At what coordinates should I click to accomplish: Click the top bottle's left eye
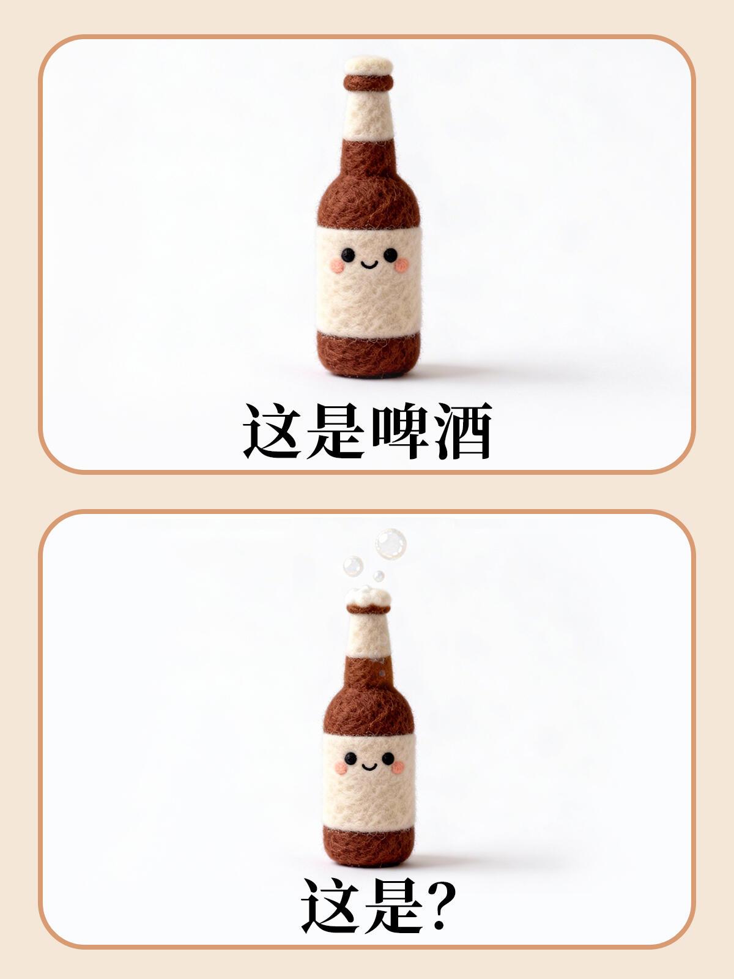click(348, 255)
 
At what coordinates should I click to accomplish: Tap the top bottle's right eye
click(390, 255)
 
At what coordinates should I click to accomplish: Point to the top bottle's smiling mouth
click(369, 266)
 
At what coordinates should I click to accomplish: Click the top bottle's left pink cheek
click(338, 266)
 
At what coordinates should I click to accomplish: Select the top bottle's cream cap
click(369, 65)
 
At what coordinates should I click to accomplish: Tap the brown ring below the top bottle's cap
click(369, 83)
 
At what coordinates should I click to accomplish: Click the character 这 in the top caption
click(272, 431)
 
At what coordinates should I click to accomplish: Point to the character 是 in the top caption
click(335, 431)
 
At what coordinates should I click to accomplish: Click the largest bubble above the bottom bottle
click(391, 544)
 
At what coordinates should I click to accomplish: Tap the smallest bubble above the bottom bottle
click(379, 576)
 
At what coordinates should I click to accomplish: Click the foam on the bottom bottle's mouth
click(369, 596)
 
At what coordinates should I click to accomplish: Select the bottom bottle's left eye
click(350, 759)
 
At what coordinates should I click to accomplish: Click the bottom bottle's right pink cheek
click(398, 767)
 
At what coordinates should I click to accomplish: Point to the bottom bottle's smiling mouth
click(369, 767)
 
